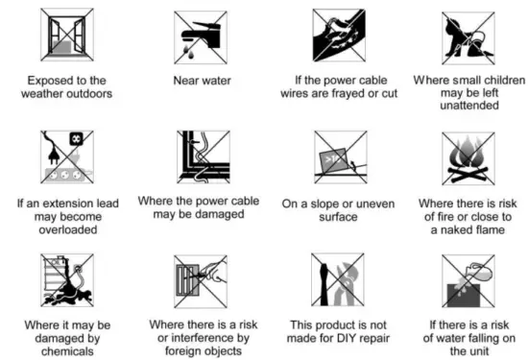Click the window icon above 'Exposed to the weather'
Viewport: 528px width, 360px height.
(66, 36)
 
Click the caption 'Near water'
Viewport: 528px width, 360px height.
(201, 81)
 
